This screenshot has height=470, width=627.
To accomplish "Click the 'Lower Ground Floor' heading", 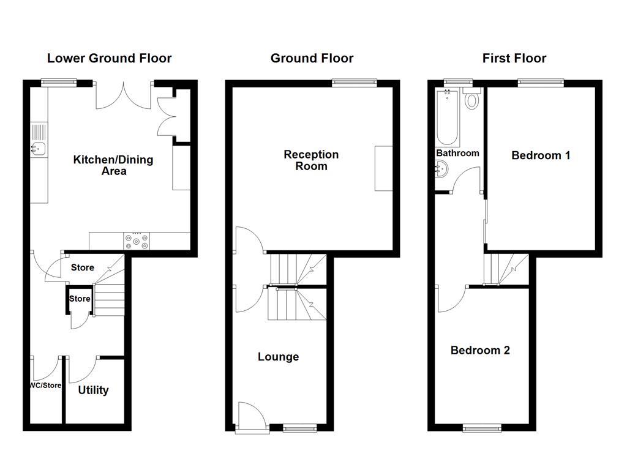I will click(110, 58).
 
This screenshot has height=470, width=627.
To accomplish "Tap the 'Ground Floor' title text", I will click(312, 58).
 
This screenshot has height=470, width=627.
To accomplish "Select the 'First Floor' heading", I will click(514, 58).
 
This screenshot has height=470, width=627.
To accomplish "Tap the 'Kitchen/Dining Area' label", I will click(113, 165).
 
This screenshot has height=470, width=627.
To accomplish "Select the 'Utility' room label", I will click(94, 390).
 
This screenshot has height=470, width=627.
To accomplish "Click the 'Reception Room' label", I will click(311, 160).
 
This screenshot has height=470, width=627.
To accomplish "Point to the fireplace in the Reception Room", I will click(384, 168).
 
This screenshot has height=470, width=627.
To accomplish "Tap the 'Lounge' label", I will click(278, 357).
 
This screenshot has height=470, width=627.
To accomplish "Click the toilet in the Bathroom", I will click(472, 99).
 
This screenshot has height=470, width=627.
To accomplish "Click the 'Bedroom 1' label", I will click(541, 155).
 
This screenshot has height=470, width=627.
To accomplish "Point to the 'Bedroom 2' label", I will click(480, 350).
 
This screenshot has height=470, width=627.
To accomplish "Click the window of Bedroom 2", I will click(482, 428).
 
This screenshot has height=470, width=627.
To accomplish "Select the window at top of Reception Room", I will click(355, 83).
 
